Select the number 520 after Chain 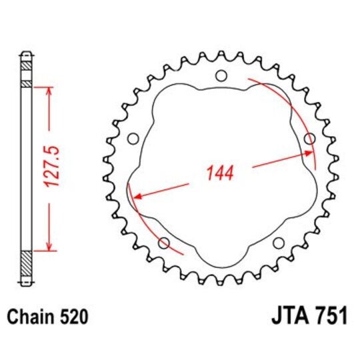[x=71, y=314]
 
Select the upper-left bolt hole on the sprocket [x=132, y=138]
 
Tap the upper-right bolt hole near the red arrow [x=309, y=138]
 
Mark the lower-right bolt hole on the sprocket [x=277, y=243]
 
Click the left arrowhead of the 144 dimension [x=139, y=196]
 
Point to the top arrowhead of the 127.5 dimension [x=48, y=90]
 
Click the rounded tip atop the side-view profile [x=26, y=53]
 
